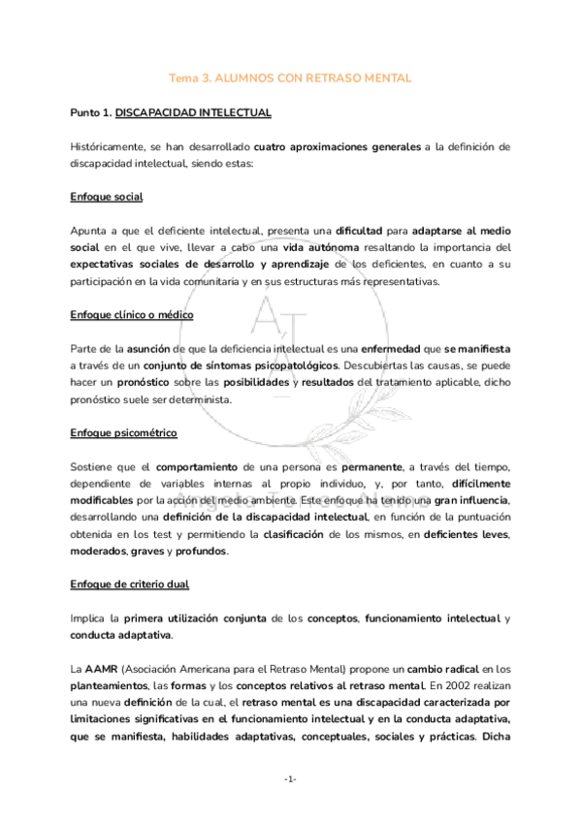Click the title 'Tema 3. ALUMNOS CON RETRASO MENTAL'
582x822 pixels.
[x=291, y=78]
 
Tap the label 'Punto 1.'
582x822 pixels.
[x=91, y=113]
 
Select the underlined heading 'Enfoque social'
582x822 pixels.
[x=107, y=197]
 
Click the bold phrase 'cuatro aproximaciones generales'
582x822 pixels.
[x=338, y=146]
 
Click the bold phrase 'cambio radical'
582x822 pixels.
[x=442, y=669]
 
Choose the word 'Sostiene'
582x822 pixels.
[x=95, y=465]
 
